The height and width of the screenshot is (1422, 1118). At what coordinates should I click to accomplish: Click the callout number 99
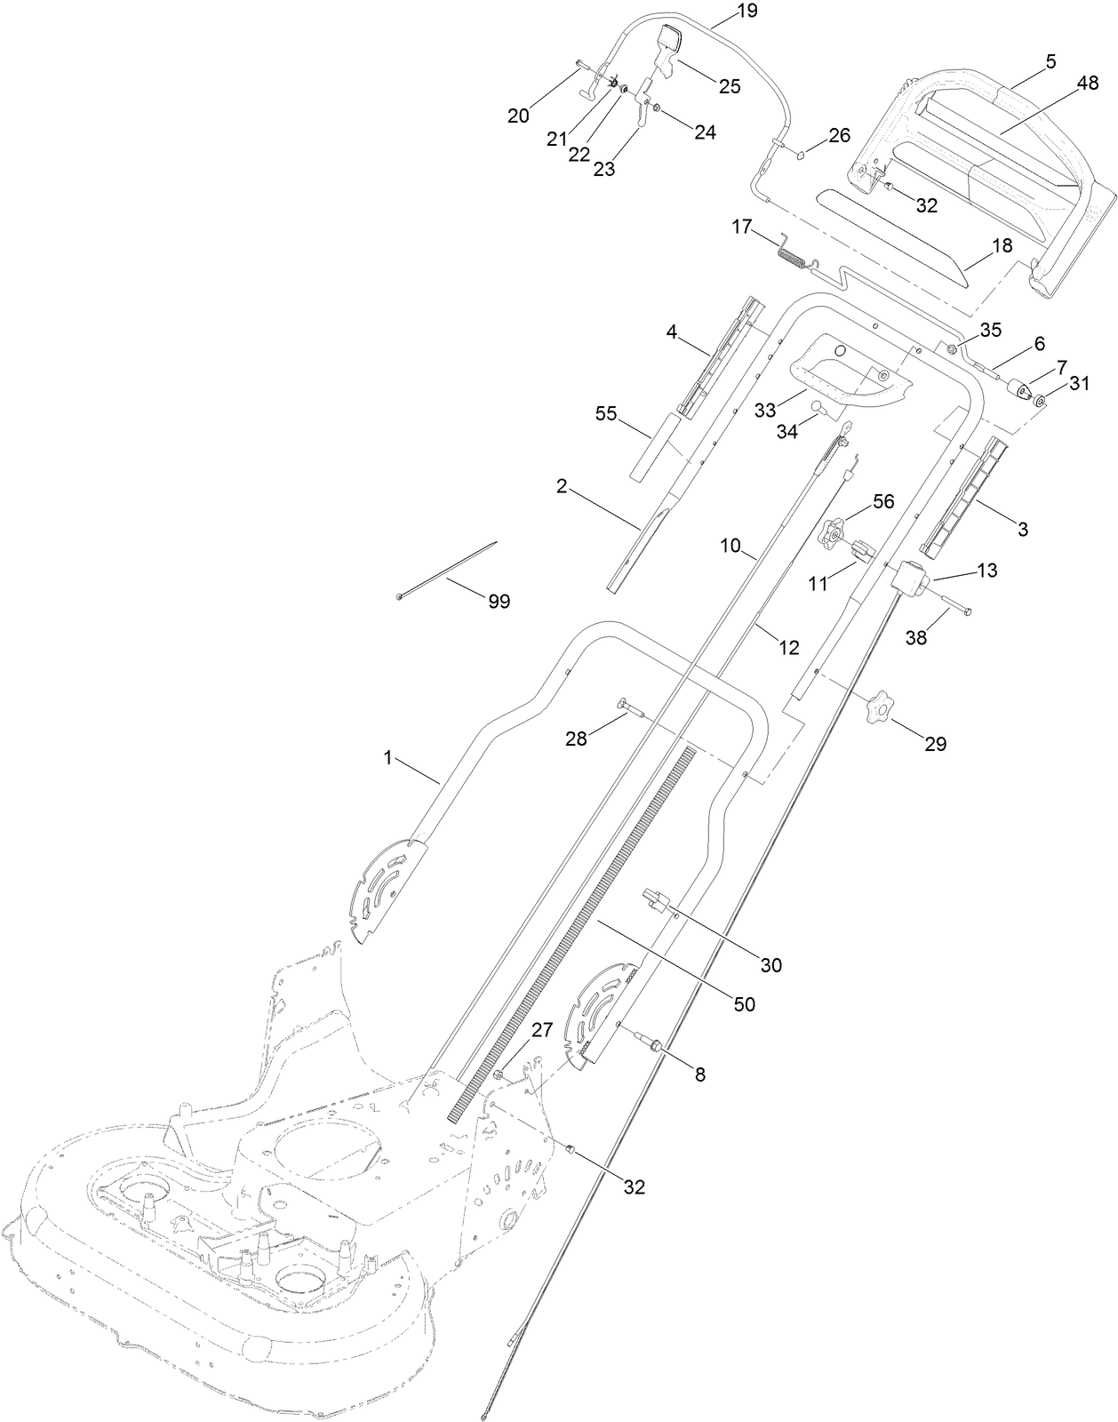(499, 602)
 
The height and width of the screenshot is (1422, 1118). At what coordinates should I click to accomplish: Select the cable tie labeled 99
(447, 569)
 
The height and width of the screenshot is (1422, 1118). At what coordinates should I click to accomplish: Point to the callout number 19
(723, 12)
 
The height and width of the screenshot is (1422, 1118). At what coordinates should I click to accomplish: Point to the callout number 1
(387, 757)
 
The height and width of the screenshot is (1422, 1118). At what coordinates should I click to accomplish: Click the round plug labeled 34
(818, 411)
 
